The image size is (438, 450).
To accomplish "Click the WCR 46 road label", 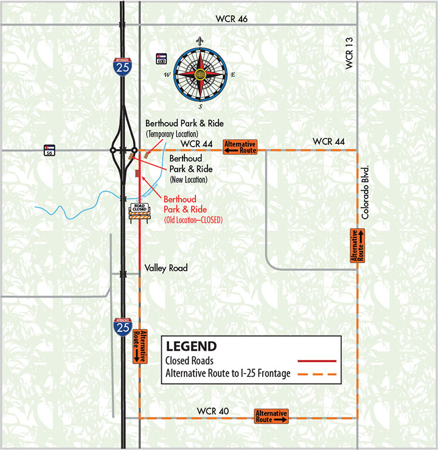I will tap(231, 19).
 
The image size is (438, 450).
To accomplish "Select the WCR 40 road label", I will tap(214, 410).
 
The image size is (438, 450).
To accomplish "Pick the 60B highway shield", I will tap(161, 59).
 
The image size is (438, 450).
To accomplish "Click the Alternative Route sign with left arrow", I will tap(240, 146).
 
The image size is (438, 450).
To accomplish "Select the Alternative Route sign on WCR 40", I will tap(271, 417).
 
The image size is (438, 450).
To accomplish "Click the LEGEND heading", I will tap(191, 346).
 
